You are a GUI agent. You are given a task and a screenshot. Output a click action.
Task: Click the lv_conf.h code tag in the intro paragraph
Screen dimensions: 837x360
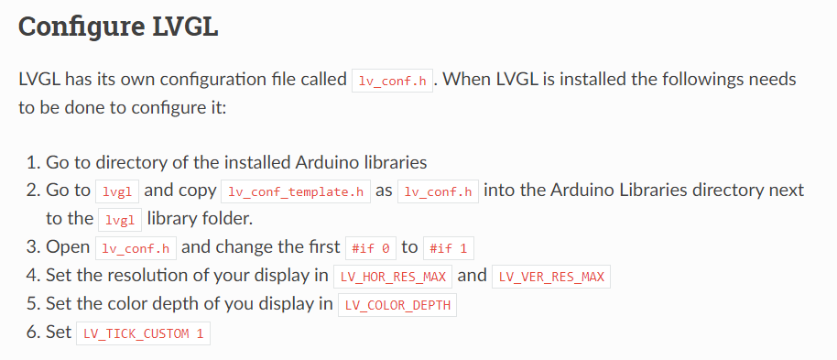pos(393,81)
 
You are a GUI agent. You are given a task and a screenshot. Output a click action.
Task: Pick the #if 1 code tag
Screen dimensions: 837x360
pos(450,248)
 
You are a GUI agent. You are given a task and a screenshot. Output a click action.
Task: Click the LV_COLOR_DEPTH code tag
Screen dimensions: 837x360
pos(397,305)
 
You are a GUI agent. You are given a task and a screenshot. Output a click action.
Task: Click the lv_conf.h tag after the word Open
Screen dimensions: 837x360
pos(136,248)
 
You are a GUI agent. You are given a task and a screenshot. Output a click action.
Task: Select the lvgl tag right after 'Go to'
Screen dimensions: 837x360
pos(117,191)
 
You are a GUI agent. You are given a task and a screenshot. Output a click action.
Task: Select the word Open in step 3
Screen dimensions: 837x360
pos(68,247)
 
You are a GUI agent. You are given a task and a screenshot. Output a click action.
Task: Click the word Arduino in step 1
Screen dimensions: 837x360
pos(334,163)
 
